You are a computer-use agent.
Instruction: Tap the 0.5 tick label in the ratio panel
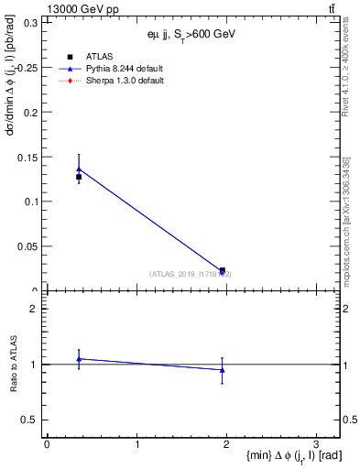[32, 420]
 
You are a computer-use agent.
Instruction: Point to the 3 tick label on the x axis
[315, 443]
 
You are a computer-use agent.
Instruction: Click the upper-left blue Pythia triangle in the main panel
[79, 169]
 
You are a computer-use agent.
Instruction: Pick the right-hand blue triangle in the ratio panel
[223, 370]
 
